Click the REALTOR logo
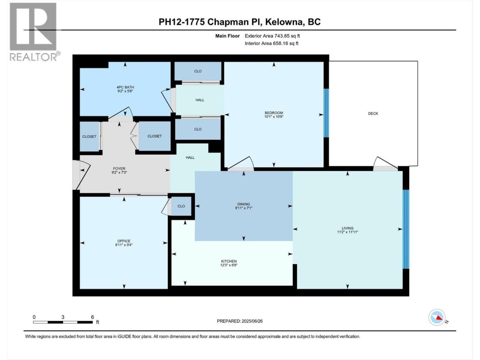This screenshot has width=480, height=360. click(34, 32)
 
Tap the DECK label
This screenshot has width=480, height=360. click(373, 114)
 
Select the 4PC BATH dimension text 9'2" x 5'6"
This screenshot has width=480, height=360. click(125, 91)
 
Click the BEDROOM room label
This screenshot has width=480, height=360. click(274, 113)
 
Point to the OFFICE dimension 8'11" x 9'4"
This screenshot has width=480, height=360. click(124, 245)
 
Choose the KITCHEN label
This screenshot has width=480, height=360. click(229, 261)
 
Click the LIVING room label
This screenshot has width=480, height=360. click(347, 228)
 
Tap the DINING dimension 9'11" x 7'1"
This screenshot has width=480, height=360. click(244, 208)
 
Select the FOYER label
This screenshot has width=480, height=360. click(119, 168)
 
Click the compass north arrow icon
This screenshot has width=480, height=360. click(437, 317)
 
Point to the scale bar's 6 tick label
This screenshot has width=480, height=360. click(93, 317)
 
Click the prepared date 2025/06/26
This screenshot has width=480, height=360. click(252, 321)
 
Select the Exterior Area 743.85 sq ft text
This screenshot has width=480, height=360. click(272, 36)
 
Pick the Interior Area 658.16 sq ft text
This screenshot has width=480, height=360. click(271, 43)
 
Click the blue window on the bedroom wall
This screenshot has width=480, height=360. click(326, 113)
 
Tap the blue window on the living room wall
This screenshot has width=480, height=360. click(406, 229)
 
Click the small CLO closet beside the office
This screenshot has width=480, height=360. click(181, 206)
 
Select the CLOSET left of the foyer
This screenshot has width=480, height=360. click(89, 136)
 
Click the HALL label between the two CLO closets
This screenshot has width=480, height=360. click(200, 100)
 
